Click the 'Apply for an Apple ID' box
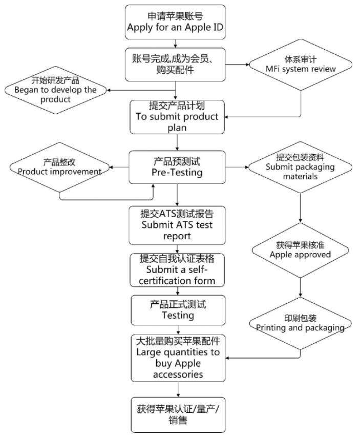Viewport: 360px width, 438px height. coord(176,22)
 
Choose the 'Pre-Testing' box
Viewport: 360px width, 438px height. coord(177,166)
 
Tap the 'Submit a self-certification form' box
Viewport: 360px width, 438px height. coord(177,269)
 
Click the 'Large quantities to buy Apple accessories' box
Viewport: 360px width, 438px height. coord(177,358)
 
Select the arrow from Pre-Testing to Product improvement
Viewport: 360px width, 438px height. coord(120,166)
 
